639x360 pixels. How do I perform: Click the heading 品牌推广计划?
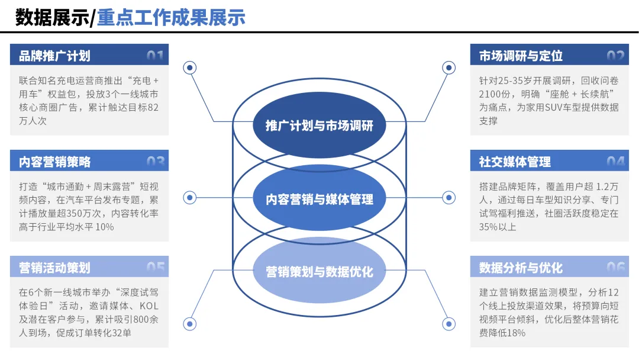(x=54, y=56)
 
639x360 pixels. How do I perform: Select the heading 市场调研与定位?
(x=521, y=56)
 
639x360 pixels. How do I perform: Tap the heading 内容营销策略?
(x=54, y=162)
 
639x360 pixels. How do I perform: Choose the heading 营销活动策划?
(x=54, y=268)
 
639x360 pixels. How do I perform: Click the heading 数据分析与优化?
(x=521, y=268)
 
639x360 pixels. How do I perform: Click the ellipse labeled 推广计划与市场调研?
(x=319, y=126)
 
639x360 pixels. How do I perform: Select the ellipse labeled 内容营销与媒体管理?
(x=319, y=199)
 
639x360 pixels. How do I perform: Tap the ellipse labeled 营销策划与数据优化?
(x=319, y=272)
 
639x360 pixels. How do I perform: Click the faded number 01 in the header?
(x=155, y=56)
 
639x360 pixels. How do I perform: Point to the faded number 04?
(x=615, y=162)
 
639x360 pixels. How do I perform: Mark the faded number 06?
(x=615, y=268)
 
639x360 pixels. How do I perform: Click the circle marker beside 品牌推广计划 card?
(x=190, y=68)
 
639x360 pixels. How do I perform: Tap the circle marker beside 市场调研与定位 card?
(x=449, y=68)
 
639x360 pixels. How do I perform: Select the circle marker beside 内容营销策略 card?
(x=190, y=197)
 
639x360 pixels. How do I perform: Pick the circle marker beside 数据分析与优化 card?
(x=449, y=324)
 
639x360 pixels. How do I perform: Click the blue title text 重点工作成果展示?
(x=171, y=17)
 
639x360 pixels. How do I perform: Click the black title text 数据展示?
(x=51, y=17)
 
